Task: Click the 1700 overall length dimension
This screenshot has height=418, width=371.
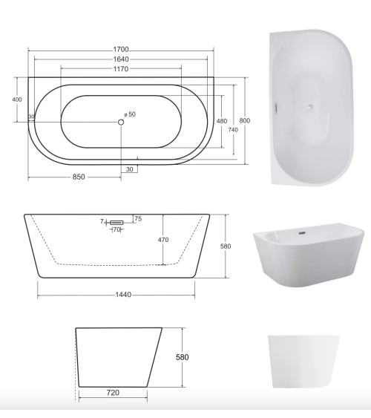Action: [122, 49]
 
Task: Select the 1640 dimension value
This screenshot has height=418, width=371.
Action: [122, 59]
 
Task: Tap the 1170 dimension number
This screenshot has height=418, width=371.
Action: [122, 69]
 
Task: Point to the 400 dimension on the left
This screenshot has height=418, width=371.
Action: [17, 99]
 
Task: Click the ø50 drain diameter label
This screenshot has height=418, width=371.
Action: [131, 114]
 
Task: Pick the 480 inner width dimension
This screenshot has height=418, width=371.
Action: [222, 121]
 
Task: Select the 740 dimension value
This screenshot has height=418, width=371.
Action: [233, 130]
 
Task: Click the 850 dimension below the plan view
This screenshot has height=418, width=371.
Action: [79, 177]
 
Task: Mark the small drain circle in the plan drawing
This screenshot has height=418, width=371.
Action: [121, 122]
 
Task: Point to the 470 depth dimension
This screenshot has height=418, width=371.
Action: [164, 240]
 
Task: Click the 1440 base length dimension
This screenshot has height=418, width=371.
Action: [123, 295]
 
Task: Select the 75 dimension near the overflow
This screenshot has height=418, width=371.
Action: [138, 218]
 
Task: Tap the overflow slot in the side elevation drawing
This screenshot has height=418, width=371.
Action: [116, 221]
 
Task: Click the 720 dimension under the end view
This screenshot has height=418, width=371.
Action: [113, 391]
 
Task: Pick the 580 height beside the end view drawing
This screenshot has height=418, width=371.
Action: [183, 357]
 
